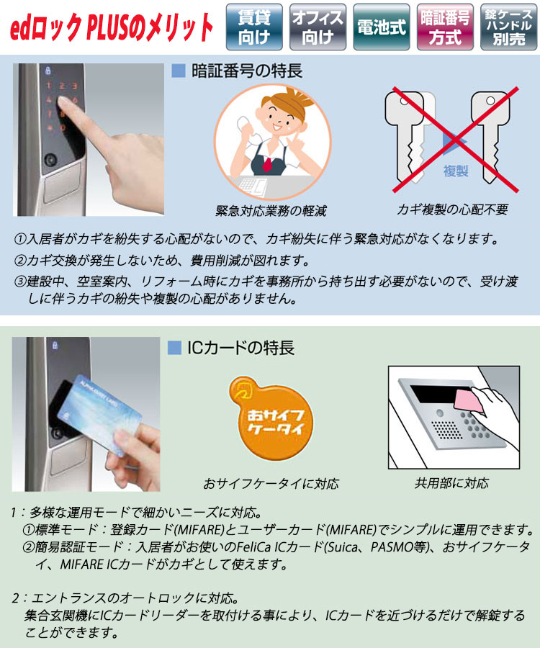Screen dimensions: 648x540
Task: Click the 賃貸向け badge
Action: click(x=253, y=27)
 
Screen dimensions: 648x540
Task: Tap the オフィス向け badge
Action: click(x=318, y=27)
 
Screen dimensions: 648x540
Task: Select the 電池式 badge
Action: click(x=382, y=27)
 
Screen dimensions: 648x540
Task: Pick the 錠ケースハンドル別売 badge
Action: click(x=508, y=27)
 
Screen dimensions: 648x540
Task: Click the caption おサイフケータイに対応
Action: click(x=271, y=482)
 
